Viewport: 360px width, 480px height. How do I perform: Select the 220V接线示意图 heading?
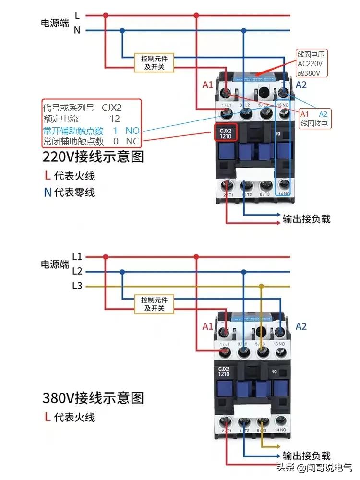93,157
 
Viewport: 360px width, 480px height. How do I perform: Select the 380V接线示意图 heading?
93,397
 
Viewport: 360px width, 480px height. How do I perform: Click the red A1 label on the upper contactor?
207,85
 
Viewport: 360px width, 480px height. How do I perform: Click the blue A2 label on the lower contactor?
301,326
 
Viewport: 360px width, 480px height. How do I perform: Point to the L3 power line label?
77,286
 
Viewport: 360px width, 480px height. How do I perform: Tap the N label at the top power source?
77,30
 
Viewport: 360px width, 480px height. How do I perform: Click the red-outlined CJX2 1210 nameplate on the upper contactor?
225,133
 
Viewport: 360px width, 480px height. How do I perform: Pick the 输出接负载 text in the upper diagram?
306,219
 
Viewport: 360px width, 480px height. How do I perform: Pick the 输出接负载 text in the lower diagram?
306,456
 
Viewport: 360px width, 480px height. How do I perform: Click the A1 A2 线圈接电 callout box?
314,119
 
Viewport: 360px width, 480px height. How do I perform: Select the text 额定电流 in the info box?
60,119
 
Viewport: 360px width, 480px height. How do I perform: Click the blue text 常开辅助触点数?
73,130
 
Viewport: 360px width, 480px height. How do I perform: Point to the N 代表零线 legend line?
69,192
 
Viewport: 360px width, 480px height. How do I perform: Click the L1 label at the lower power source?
77,256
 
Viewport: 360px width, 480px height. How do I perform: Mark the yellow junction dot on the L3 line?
261,287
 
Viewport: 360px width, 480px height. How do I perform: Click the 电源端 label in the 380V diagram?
55,264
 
